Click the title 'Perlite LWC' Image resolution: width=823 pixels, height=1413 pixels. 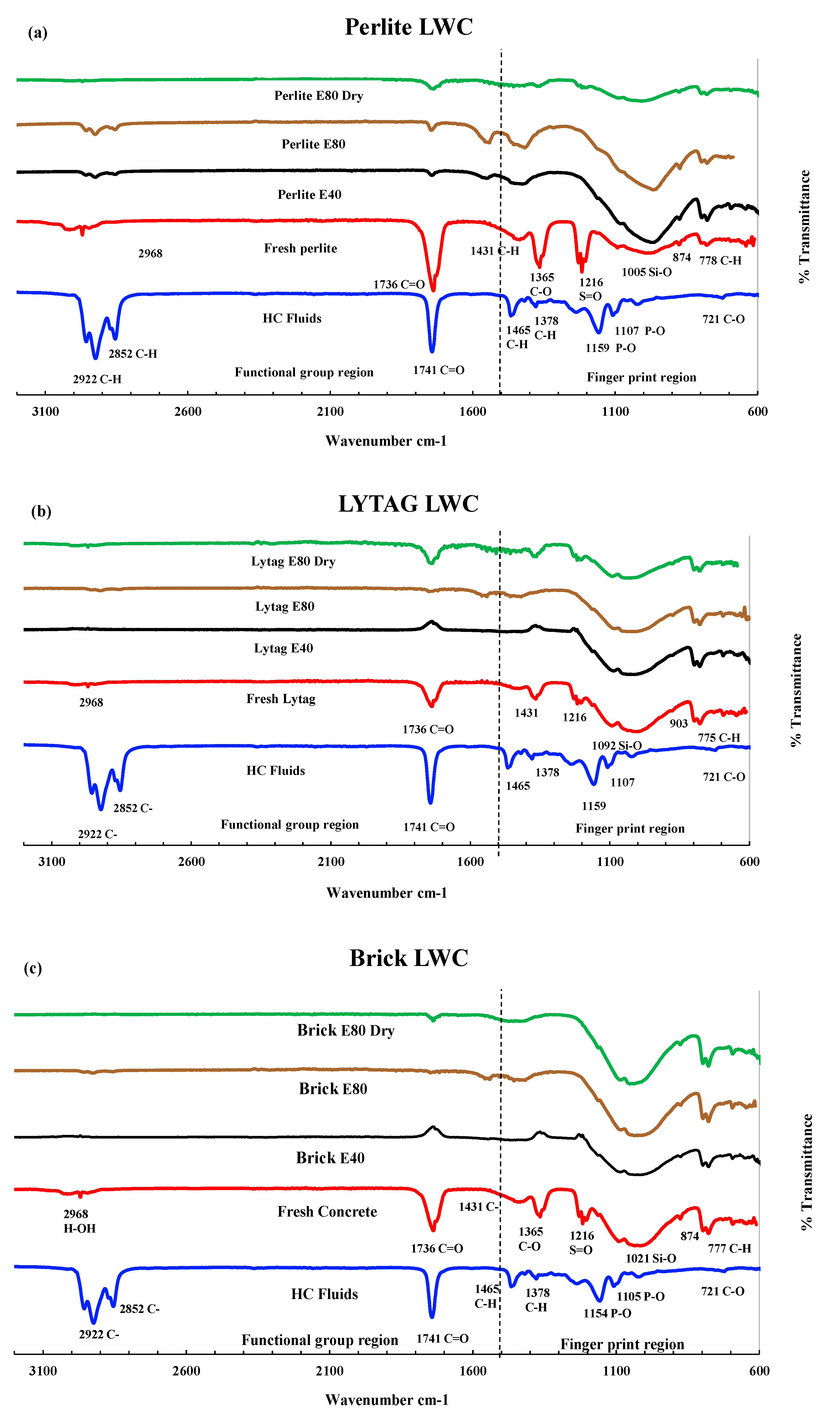(x=408, y=27)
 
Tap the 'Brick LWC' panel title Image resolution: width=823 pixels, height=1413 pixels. (x=408, y=958)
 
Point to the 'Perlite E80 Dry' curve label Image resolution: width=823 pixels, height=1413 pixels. (x=318, y=96)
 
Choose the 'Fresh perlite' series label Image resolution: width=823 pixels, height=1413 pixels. (x=300, y=248)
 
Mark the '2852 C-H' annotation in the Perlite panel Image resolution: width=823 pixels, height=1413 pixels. (x=133, y=354)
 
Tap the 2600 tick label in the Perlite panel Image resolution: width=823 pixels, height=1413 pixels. (x=188, y=412)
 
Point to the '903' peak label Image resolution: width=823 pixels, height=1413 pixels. (x=678, y=723)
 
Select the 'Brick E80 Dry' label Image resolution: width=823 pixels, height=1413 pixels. (x=346, y=1031)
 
